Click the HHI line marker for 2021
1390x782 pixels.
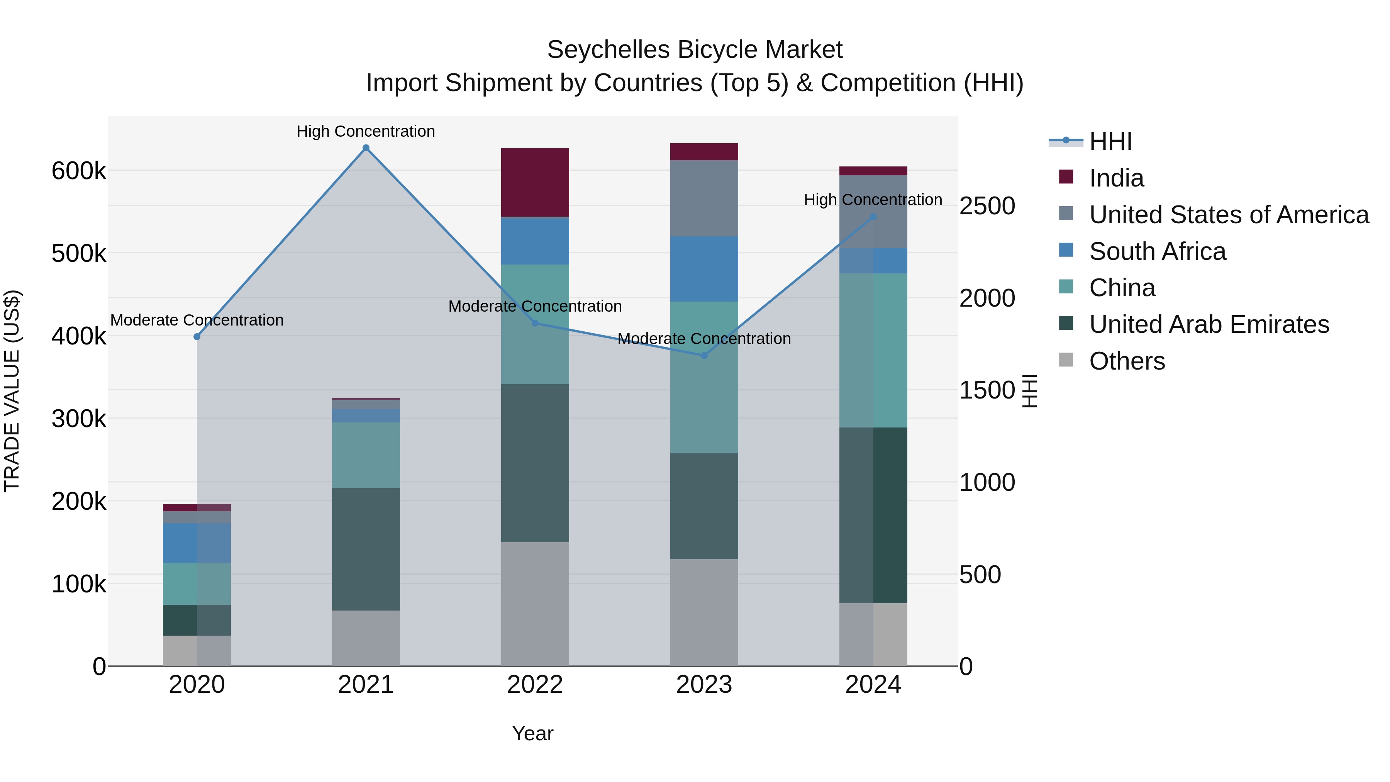(x=366, y=148)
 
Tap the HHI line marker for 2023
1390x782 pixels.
(x=703, y=356)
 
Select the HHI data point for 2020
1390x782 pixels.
(x=197, y=337)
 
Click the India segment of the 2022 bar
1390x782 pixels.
(x=535, y=182)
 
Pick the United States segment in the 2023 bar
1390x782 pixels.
(x=703, y=198)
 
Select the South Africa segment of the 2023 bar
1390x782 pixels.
(x=703, y=269)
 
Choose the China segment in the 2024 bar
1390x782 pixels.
(x=873, y=350)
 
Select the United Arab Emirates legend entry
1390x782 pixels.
(x=1209, y=324)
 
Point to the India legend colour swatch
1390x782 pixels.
(x=1066, y=177)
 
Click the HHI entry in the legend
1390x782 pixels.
(x=1110, y=141)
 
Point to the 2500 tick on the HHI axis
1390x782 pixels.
(x=987, y=206)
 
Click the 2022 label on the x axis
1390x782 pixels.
(x=535, y=685)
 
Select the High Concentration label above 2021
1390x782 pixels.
(x=366, y=131)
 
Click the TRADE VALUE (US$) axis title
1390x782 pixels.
(x=12, y=391)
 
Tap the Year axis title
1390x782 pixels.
(x=532, y=733)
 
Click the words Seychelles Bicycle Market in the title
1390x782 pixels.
(x=695, y=50)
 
